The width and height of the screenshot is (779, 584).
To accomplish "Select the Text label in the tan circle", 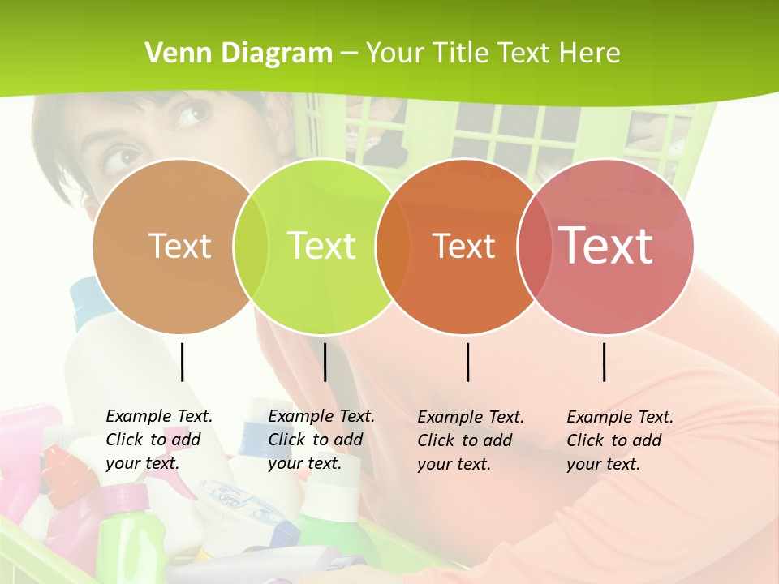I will click(180, 246).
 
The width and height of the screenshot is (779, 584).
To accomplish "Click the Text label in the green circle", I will click(322, 246).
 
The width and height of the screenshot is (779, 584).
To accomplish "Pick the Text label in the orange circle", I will click(463, 246).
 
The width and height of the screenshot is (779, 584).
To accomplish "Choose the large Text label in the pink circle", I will click(606, 246).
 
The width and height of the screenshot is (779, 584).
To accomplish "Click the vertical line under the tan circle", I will click(183, 362).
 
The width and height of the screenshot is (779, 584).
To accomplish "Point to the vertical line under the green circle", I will click(325, 362).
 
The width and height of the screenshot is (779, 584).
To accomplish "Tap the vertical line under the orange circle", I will click(468, 362).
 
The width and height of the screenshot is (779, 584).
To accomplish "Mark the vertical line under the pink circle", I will click(605, 362).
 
